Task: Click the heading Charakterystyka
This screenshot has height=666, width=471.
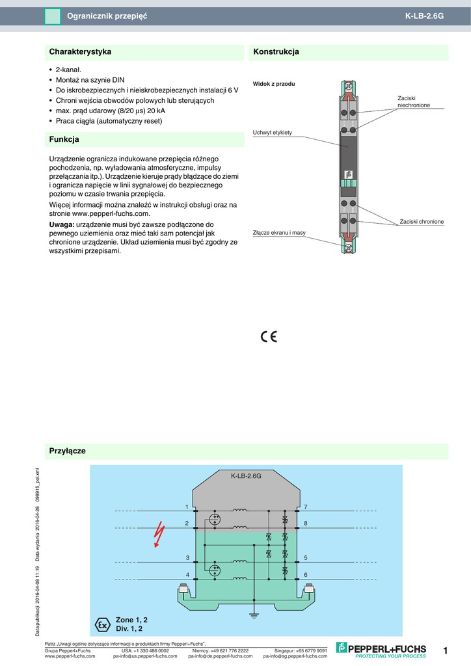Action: (80, 51)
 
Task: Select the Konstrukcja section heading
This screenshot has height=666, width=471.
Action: (276, 51)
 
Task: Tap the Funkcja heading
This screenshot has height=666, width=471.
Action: (64, 139)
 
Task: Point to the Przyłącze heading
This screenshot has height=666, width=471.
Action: (68, 451)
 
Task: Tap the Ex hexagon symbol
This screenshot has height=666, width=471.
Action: (102, 624)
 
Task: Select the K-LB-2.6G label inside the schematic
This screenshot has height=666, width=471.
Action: (246, 476)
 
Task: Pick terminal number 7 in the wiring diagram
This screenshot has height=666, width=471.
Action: (305, 506)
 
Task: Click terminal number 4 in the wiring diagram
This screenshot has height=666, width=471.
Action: (187, 574)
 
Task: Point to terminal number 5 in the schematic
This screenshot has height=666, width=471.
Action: (305, 558)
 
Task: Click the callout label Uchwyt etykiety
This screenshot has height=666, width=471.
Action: (272, 133)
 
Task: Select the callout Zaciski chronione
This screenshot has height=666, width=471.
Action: (422, 222)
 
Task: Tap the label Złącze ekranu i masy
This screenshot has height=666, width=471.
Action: (279, 232)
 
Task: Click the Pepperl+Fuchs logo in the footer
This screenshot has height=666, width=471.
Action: (381, 649)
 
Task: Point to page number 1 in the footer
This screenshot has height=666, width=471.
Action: (445, 650)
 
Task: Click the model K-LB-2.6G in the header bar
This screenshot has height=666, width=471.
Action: (424, 16)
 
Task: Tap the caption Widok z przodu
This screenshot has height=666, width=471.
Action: (274, 84)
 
